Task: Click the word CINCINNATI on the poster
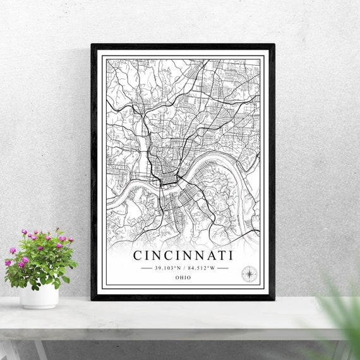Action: click(x=183, y=256)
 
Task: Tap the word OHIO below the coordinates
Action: click(x=183, y=277)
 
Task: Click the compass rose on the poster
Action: click(x=249, y=274)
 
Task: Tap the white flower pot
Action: click(x=39, y=296)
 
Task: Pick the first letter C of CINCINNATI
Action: click(x=138, y=256)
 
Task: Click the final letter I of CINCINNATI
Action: click(x=231, y=256)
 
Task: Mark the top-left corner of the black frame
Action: click(x=92, y=45)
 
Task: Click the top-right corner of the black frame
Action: click(x=273, y=45)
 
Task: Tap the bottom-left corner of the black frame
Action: click(x=92, y=299)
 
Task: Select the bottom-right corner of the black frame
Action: click(x=273, y=299)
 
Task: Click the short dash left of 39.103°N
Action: click(x=146, y=268)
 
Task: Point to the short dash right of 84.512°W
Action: click(x=222, y=268)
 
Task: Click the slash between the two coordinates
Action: click(x=184, y=268)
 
